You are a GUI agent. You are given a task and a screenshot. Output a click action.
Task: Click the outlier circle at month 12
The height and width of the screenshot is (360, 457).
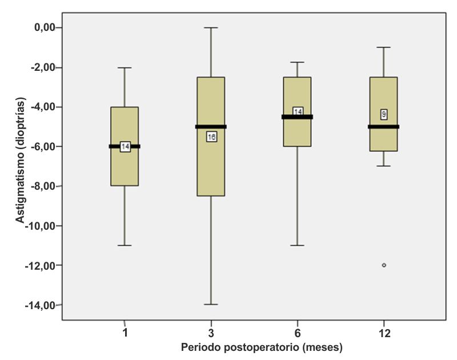click(384, 265)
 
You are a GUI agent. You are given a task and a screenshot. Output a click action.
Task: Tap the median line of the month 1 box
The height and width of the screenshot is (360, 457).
click(114, 146)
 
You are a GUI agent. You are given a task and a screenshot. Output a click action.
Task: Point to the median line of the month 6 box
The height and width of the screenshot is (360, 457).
click(288, 117)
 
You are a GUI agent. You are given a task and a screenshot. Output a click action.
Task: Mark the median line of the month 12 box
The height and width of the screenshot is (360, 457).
click(374, 126)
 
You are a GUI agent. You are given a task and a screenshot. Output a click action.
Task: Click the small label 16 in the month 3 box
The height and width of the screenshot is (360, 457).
click(211, 137)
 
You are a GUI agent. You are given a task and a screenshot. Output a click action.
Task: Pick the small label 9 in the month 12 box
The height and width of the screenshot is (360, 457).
click(384, 115)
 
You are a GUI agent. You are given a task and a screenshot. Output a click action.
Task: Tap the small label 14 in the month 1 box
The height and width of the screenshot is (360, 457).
click(125, 147)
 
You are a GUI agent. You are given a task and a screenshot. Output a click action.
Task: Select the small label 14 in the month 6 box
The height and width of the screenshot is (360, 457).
click(298, 111)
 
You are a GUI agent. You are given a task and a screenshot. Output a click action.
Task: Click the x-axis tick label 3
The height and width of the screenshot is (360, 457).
click(211, 333)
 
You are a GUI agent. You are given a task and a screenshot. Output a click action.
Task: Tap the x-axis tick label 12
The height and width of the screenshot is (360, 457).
click(384, 333)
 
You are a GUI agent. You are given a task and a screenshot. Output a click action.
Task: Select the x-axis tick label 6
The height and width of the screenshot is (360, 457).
click(298, 333)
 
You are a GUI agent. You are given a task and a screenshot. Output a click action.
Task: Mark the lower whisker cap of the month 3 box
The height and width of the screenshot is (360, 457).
click(211, 305)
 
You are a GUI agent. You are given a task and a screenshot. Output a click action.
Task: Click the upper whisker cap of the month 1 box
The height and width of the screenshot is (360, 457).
click(125, 67)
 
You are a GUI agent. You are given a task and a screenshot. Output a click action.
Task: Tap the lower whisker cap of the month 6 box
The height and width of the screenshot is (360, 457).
click(298, 245)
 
